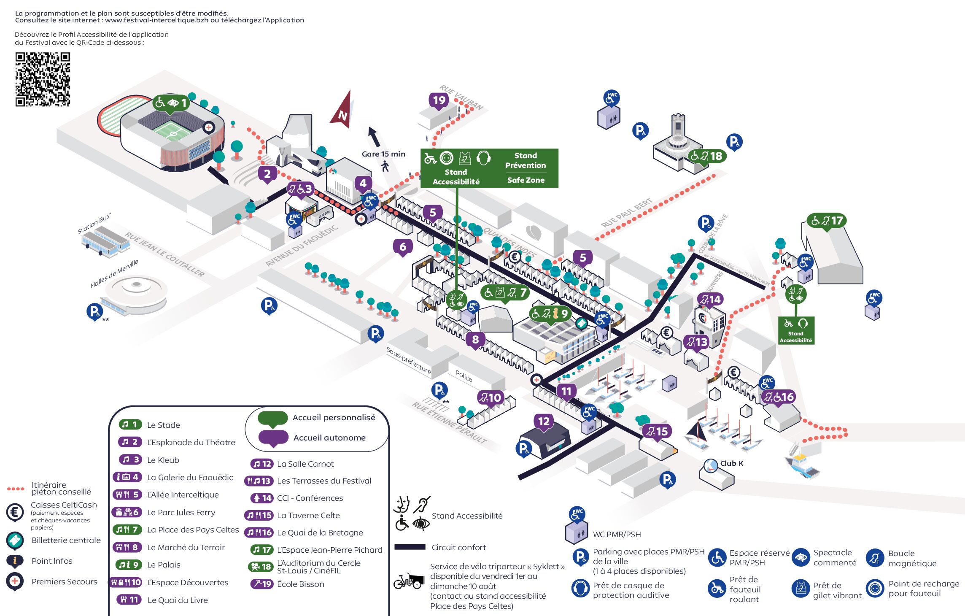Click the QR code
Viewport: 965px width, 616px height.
[x=43, y=79]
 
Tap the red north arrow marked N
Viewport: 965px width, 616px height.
[x=343, y=112]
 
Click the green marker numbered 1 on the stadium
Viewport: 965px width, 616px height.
[x=171, y=103]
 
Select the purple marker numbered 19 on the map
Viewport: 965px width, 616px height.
[x=439, y=100]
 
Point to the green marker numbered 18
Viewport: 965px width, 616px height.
[x=707, y=156]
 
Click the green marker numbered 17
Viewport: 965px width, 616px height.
[x=827, y=221]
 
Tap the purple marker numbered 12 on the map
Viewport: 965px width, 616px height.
[x=544, y=421]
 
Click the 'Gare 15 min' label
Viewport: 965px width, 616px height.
[x=383, y=154]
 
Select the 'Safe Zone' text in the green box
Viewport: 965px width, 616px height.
[x=526, y=180]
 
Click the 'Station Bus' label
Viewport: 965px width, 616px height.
[x=94, y=223]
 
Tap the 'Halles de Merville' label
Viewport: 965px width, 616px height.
[x=114, y=274]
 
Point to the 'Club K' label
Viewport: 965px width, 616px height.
[x=731, y=463]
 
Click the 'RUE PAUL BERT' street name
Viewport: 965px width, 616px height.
[x=626, y=213]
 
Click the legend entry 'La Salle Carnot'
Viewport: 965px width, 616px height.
[x=305, y=464]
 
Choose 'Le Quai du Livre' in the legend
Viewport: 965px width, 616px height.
[x=177, y=600]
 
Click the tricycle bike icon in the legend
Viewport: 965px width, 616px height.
[x=408, y=581]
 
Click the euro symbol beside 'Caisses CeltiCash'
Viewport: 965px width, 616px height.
[x=15, y=512]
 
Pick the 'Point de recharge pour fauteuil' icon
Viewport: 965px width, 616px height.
[x=875, y=588]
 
